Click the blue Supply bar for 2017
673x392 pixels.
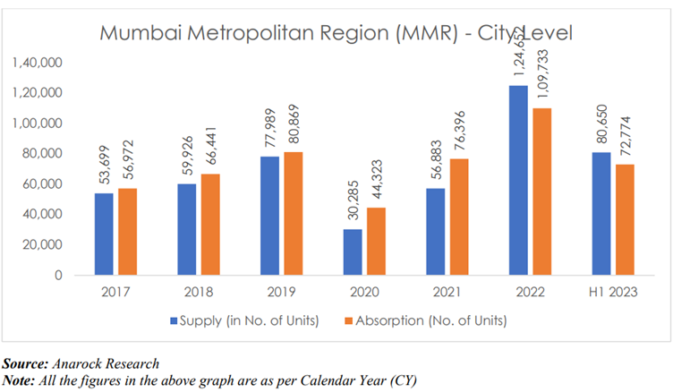104,234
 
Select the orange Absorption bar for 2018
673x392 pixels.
211,225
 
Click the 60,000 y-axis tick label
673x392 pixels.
41,184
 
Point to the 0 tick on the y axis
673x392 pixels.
55,276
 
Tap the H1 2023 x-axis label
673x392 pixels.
612,292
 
